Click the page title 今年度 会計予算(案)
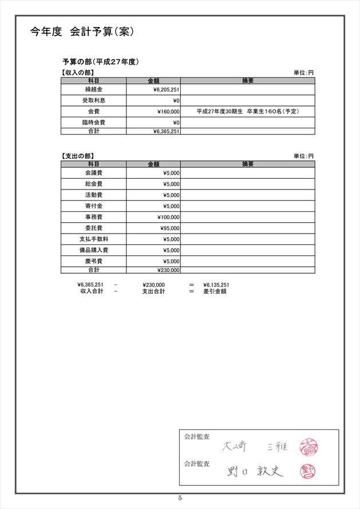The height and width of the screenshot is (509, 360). pyautogui.click(x=82, y=32)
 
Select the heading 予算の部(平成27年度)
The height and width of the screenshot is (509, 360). pyautogui.click(x=101, y=62)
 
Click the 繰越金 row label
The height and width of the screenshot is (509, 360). pyautogui.click(x=93, y=90)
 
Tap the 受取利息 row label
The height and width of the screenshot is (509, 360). pyautogui.click(x=93, y=101)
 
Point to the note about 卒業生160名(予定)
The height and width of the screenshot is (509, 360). pyautogui.click(x=247, y=112)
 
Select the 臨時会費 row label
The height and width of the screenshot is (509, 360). pyautogui.click(x=93, y=123)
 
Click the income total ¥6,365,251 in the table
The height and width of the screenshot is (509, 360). pyautogui.click(x=167, y=131)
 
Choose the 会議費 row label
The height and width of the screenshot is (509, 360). pyautogui.click(x=93, y=173)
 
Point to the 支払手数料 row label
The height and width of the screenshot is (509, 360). pyautogui.click(x=93, y=239)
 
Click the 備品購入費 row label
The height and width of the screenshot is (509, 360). pyautogui.click(x=93, y=250)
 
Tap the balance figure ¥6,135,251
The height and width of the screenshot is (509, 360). pyautogui.click(x=216, y=285)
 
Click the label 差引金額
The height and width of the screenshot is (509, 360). pyautogui.click(x=215, y=291)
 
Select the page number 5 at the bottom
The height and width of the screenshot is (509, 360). pyautogui.click(x=180, y=498)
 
